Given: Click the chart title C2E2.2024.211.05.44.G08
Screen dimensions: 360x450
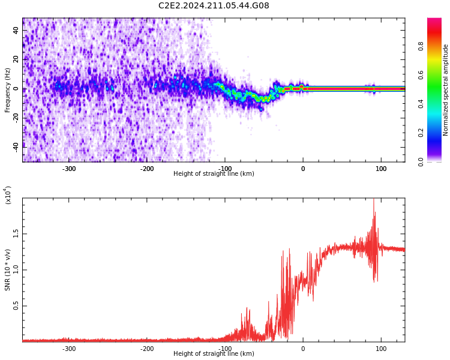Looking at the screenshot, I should pyautogui.click(x=214, y=6).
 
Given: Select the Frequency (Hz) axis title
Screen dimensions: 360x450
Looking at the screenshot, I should pyautogui.click(x=8, y=90).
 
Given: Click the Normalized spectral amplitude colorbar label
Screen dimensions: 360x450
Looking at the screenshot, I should pyautogui.click(x=446, y=90).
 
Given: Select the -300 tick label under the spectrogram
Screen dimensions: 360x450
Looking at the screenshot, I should pyautogui.click(x=69, y=169).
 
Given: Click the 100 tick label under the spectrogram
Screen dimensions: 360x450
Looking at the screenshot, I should pyautogui.click(x=381, y=169).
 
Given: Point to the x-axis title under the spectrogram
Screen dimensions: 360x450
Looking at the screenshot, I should pyautogui.click(x=214, y=174).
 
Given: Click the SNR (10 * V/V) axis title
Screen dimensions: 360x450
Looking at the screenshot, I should pyautogui.click(x=8, y=270).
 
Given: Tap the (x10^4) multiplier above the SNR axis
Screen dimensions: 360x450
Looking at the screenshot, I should pyautogui.click(x=8, y=195).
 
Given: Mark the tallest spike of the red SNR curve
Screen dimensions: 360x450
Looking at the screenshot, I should pyautogui.click(x=373, y=200).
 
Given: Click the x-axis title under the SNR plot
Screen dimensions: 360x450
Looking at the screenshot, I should pyautogui.click(x=214, y=354).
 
